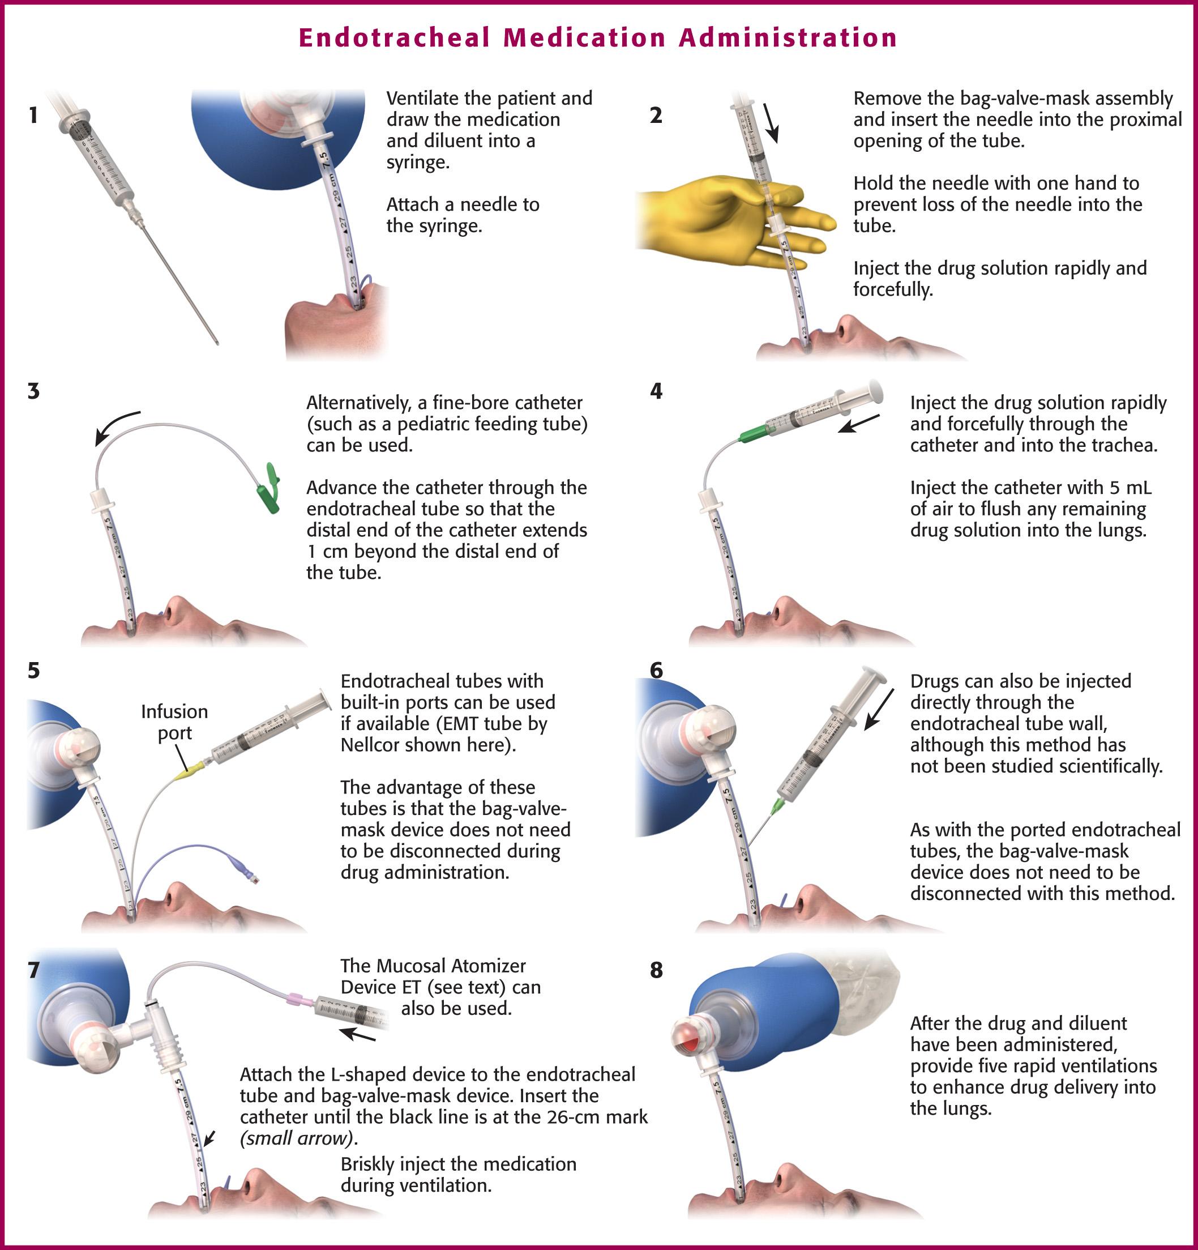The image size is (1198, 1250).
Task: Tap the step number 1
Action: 33,116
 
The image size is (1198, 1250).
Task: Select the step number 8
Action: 656,970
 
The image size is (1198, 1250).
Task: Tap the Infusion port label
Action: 174,722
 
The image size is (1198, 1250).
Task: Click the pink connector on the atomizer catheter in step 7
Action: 297,998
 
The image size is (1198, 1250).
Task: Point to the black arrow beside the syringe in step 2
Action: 772,123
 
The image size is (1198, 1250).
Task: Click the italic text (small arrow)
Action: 298,1138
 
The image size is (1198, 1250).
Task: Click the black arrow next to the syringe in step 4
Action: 858,424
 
